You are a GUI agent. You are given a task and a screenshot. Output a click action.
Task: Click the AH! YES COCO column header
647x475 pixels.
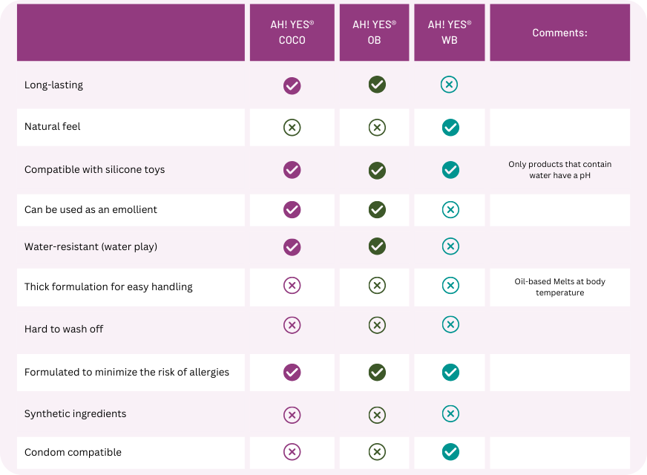coord(292,33)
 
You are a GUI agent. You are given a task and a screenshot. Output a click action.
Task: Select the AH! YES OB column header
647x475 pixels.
coord(374,33)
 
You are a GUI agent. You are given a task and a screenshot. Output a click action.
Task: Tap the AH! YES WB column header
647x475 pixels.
coord(449,33)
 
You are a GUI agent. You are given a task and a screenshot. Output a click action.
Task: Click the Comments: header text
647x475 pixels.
coord(559,33)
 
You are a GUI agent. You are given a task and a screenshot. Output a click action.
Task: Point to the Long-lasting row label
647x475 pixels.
coord(53,85)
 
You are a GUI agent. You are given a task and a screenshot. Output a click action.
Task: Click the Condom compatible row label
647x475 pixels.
coord(73,452)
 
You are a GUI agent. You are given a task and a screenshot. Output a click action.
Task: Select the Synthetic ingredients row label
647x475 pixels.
coord(75,413)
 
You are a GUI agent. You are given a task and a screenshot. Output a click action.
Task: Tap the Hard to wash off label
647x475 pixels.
coord(64,329)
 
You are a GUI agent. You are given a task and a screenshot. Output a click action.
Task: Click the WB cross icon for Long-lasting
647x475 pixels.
coord(449,85)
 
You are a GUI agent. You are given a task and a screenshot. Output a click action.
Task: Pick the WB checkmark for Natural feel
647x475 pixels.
coord(450,128)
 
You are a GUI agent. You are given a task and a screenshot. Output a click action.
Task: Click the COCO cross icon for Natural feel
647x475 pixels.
coord(292,128)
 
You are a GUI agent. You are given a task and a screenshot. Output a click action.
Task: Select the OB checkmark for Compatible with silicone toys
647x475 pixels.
coord(377,170)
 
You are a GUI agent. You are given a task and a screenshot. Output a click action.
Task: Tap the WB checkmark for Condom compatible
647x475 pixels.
coord(450,451)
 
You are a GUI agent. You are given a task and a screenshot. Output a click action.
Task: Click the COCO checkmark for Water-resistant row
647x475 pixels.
coord(292,246)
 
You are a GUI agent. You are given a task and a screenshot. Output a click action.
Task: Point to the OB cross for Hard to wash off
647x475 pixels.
coord(377,325)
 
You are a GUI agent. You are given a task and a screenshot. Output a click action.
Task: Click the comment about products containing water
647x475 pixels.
coord(559,170)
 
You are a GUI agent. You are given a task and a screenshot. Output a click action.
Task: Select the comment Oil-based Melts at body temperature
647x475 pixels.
coord(559,287)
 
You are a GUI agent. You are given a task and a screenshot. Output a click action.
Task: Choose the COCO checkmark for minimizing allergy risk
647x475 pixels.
coord(292,372)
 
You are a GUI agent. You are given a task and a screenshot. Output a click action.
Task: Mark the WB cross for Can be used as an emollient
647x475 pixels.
coord(450,210)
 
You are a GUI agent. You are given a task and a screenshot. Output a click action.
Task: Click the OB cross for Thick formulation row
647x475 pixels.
coord(377,286)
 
